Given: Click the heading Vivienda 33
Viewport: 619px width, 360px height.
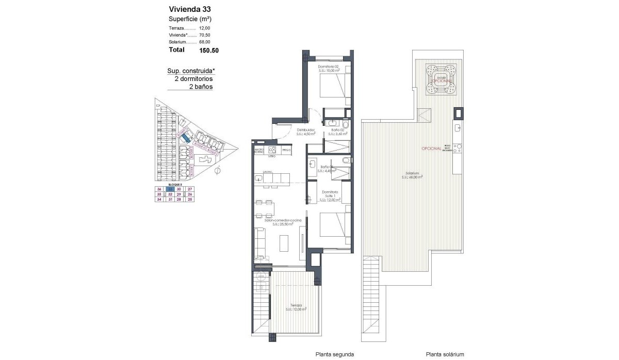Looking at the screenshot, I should (189, 9).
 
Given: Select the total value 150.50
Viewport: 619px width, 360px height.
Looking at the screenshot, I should (209, 51).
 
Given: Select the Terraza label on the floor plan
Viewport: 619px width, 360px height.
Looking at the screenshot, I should (296, 307).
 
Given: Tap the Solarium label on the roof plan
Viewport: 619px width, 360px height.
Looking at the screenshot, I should (412, 174).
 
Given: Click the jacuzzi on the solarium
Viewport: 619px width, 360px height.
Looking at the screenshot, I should (441, 79).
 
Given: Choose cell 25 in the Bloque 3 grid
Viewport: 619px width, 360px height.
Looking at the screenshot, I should (190, 199).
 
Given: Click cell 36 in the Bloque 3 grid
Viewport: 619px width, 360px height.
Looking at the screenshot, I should (159, 189).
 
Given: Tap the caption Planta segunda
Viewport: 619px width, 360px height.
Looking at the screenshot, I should (335, 354).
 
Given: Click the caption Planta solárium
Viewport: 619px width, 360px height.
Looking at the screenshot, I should (445, 354).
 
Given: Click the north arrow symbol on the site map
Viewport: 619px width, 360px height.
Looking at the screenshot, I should (218, 170).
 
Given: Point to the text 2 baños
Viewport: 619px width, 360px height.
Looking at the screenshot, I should (201, 87).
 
